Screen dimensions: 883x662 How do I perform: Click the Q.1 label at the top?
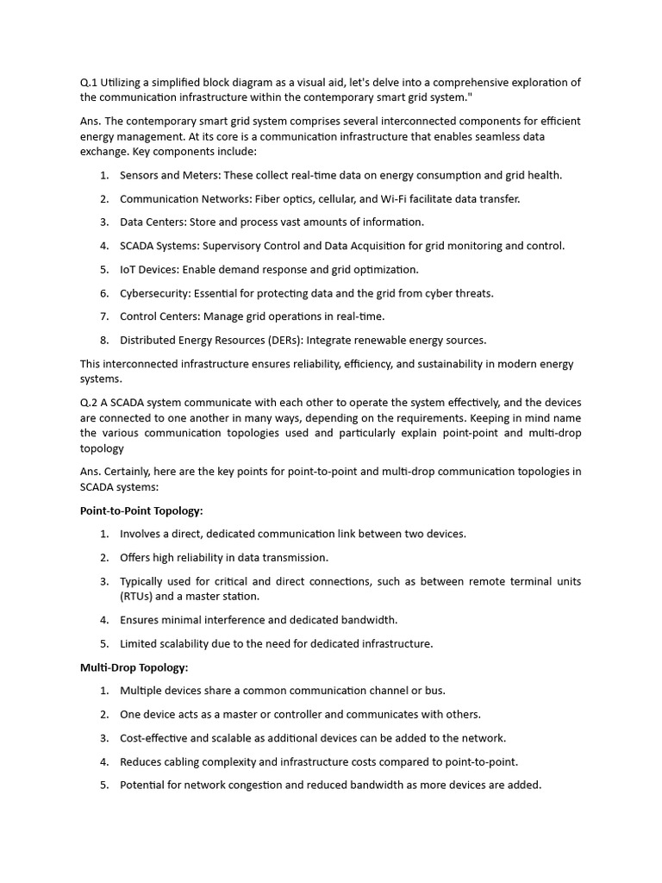[x=89, y=83]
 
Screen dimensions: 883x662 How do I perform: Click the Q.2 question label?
[x=89, y=403]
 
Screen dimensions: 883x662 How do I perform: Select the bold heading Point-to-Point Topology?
[x=141, y=510]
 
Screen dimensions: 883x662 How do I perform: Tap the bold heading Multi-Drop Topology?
[x=134, y=667]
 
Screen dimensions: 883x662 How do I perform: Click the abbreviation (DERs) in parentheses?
[x=297, y=340]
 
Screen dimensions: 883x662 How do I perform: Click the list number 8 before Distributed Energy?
[x=103, y=340]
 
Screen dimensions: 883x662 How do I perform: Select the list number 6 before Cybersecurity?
[x=103, y=293]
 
